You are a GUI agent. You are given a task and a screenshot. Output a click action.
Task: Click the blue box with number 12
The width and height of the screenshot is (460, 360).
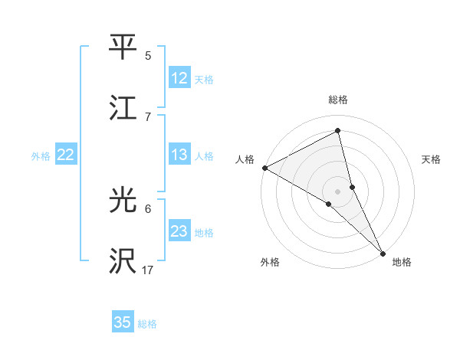pyautogui.click(x=179, y=78)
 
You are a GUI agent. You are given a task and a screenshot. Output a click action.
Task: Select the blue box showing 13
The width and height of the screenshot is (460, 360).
pyautogui.click(x=179, y=155)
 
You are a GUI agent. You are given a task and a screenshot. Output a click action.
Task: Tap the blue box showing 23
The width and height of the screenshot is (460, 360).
pyautogui.click(x=179, y=231)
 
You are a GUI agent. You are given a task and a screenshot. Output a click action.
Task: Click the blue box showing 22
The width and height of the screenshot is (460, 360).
pyautogui.click(x=65, y=155)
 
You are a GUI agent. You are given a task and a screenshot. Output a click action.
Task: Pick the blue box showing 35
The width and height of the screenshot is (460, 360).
pyautogui.click(x=123, y=322)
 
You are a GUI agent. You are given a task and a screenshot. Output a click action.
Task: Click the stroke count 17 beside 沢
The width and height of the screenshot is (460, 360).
pyautogui.click(x=148, y=270)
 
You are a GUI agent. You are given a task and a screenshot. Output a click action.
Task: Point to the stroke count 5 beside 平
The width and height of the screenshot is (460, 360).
pyautogui.click(x=148, y=56)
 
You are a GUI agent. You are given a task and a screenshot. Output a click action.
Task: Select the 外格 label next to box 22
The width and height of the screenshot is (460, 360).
pyautogui.click(x=41, y=155)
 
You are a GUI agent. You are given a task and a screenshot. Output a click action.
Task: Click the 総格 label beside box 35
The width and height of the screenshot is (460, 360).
pyautogui.click(x=147, y=323)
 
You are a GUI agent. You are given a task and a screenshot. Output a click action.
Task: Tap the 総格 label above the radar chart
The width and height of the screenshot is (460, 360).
pyautogui.click(x=338, y=100)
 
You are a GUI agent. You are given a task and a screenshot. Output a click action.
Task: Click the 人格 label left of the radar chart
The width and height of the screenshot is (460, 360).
pyautogui.click(x=245, y=159)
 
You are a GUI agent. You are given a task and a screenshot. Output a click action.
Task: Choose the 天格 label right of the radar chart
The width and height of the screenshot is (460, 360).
pyautogui.click(x=431, y=159)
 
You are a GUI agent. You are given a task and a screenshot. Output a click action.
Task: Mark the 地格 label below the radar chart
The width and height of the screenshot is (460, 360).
pyautogui.click(x=402, y=262)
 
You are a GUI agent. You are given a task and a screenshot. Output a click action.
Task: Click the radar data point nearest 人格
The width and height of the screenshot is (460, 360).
pyautogui.click(x=264, y=168)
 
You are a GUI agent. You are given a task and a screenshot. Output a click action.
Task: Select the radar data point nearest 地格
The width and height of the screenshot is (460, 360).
pyautogui.click(x=383, y=253)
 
